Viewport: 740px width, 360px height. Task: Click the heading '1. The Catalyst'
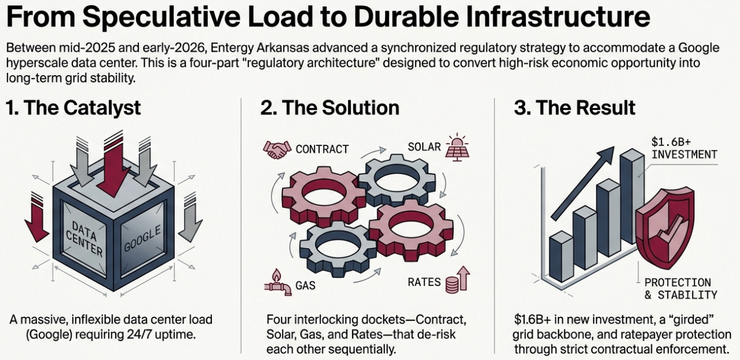73,108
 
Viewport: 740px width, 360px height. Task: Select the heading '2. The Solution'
330,108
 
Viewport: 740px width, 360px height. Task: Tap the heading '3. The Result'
575,108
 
